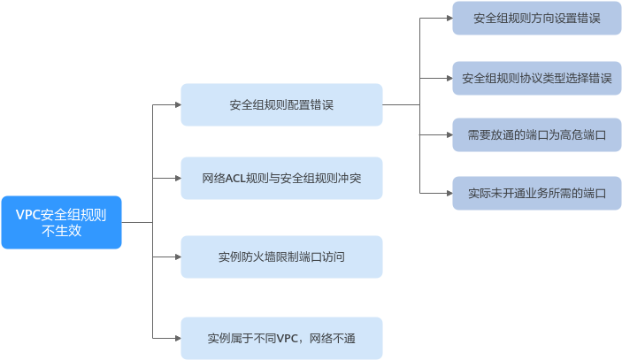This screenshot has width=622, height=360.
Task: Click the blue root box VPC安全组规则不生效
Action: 61,222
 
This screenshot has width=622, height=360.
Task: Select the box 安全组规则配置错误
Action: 281,105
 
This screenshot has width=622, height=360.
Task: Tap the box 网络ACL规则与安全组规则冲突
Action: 281,180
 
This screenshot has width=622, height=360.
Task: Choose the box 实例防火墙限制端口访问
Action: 281,257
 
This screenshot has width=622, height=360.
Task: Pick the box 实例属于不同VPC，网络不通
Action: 281,338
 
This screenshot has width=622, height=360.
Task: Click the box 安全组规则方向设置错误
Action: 537,18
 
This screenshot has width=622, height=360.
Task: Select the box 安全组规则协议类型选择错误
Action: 537,78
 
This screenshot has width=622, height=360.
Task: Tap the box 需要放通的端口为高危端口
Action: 537,135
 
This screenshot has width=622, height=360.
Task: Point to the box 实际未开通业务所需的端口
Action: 537,192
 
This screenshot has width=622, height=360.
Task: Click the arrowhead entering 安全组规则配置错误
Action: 176,105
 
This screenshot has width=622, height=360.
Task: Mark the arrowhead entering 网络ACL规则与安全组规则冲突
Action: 176,180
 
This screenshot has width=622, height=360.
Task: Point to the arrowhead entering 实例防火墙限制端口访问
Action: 176,257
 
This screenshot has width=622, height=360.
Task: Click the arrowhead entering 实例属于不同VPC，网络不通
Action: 176,338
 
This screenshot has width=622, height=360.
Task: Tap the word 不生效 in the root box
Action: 61,231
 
